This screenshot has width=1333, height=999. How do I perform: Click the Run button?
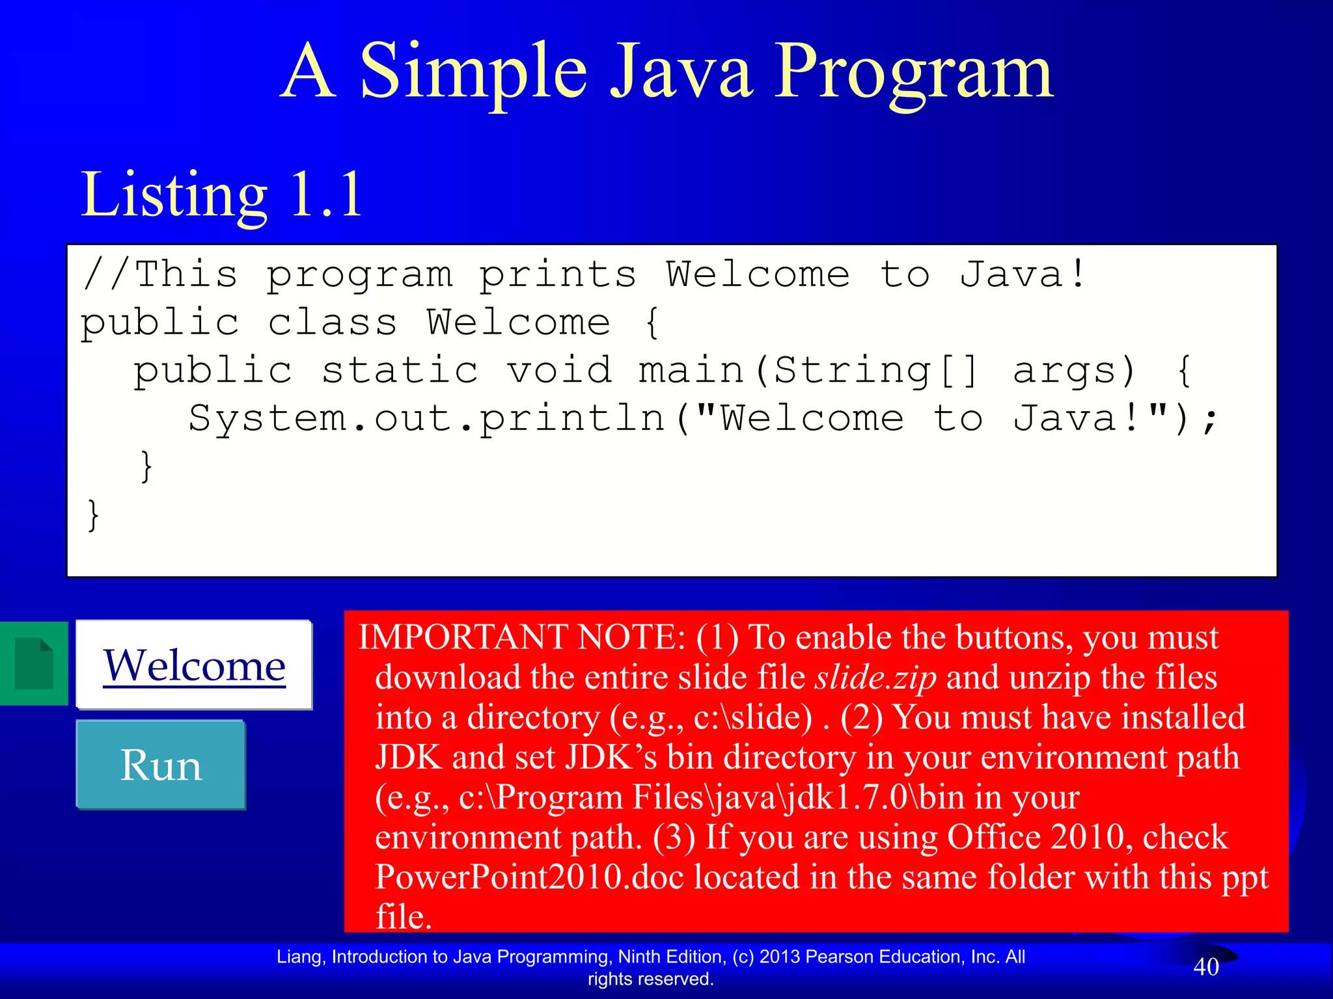[161, 765]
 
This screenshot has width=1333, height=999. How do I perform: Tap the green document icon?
[34, 663]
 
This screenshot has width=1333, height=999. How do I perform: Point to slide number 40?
[1205, 966]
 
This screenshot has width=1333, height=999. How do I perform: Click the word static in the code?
[400, 371]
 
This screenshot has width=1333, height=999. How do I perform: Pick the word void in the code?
[560, 371]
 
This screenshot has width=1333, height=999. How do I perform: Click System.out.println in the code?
[426, 419]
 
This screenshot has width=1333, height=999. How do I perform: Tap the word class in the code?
[332, 323]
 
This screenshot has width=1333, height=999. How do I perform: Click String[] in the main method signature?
[875, 371]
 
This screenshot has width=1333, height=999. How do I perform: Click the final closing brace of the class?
[94, 515]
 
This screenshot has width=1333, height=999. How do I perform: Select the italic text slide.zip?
[875, 678]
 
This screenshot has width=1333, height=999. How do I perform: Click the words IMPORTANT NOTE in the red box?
[521, 637]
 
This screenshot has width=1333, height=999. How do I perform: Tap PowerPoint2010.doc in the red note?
[529, 877]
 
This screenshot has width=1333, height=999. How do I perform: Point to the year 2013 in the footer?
[780, 957]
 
